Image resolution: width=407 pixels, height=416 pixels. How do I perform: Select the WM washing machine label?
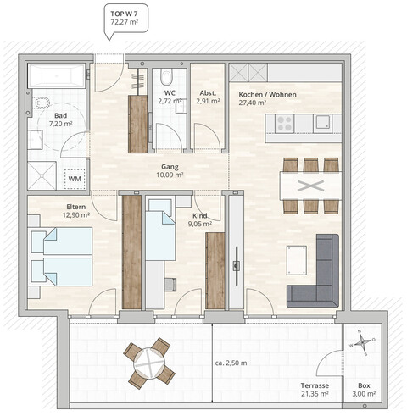click(75, 180)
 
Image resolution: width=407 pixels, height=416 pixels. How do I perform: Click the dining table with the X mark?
click(309, 185)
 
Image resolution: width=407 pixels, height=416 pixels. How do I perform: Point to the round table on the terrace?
click(150, 361)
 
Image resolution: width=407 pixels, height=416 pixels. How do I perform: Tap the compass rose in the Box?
click(363, 343)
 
